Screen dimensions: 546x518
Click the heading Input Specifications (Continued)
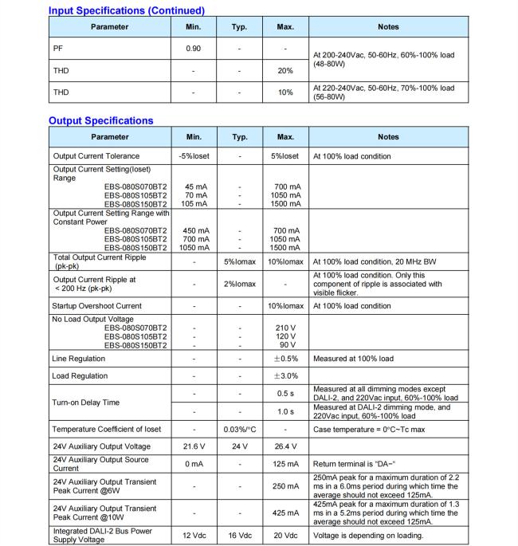(127, 10)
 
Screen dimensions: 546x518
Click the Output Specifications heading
(100, 120)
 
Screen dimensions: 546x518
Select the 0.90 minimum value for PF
(194, 49)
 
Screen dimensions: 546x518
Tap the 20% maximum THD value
(285, 70)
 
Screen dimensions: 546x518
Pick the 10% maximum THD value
(285, 92)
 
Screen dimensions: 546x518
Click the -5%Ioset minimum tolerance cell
(194, 156)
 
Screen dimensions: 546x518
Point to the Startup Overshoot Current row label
(96, 306)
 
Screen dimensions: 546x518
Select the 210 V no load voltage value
(285, 328)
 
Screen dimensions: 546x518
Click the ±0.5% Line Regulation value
(285, 359)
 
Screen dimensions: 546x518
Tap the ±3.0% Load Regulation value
(285, 376)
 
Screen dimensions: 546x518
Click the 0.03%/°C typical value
(240, 430)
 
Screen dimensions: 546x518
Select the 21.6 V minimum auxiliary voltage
(194, 446)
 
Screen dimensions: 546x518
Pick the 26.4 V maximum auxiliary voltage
(285, 446)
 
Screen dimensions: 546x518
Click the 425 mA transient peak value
(285, 513)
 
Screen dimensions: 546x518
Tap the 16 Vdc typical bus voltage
(240, 535)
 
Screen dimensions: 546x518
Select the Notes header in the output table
(388, 137)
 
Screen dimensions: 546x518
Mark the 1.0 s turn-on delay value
(285, 411)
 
